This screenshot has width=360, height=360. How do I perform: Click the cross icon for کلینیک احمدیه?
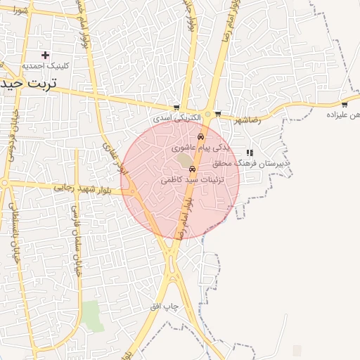(46, 55)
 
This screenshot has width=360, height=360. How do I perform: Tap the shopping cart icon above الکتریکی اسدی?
(176, 106)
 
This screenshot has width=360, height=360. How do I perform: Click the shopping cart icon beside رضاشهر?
(218, 114)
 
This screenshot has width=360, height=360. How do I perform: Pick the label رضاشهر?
(245, 120)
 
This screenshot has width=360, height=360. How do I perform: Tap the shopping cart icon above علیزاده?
(344, 104)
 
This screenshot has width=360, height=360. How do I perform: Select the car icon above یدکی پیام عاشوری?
(201, 136)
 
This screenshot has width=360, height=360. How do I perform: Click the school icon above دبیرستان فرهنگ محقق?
(250, 153)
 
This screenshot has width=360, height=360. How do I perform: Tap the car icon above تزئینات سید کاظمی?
(193, 169)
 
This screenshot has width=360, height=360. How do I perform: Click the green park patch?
(91, 315)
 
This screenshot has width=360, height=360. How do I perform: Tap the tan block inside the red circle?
(185, 161)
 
